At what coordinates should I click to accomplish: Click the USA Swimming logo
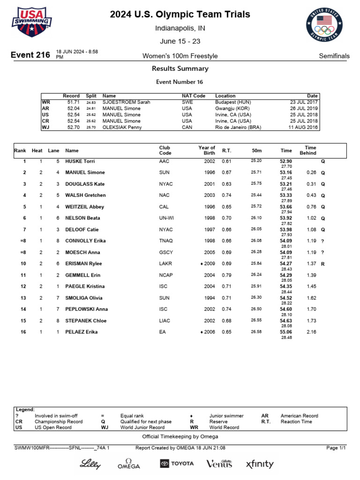[x=32, y=22]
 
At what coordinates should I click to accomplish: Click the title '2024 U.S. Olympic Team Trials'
[x=180, y=15]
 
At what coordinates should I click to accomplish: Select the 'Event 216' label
[x=30, y=55]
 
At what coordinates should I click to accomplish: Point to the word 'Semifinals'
[x=334, y=56]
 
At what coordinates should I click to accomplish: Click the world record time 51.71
[x=74, y=102]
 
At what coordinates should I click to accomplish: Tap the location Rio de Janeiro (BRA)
[x=238, y=127]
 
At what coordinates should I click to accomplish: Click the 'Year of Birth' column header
[x=207, y=150]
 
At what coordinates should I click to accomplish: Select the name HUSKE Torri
[x=80, y=161]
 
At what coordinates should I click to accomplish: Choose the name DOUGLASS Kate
[x=85, y=184]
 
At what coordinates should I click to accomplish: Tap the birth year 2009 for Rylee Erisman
[x=209, y=264]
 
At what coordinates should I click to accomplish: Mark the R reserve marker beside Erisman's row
[x=322, y=264]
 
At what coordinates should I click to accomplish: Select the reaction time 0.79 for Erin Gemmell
[x=226, y=275]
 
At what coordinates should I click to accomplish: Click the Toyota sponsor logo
[x=177, y=464]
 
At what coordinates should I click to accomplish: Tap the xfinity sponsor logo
[x=260, y=464]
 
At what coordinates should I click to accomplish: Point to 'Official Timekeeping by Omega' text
[x=180, y=436]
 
